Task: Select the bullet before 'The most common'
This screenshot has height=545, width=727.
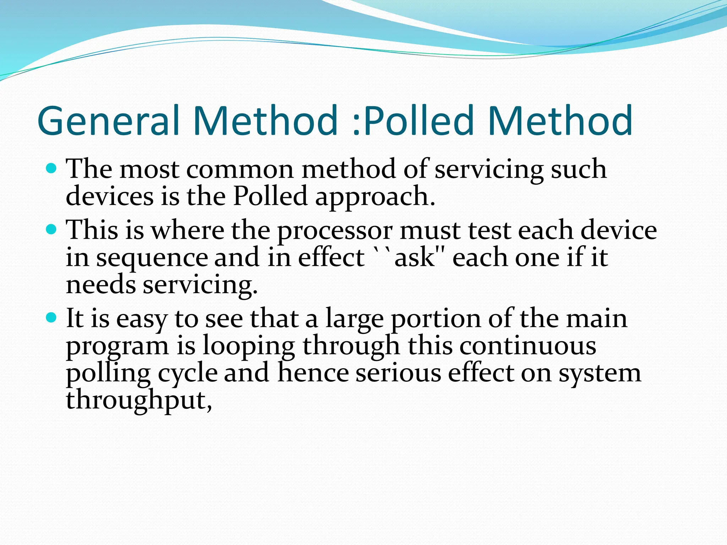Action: (x=51, y=168)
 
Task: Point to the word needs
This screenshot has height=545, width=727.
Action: (x=101, y=285)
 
